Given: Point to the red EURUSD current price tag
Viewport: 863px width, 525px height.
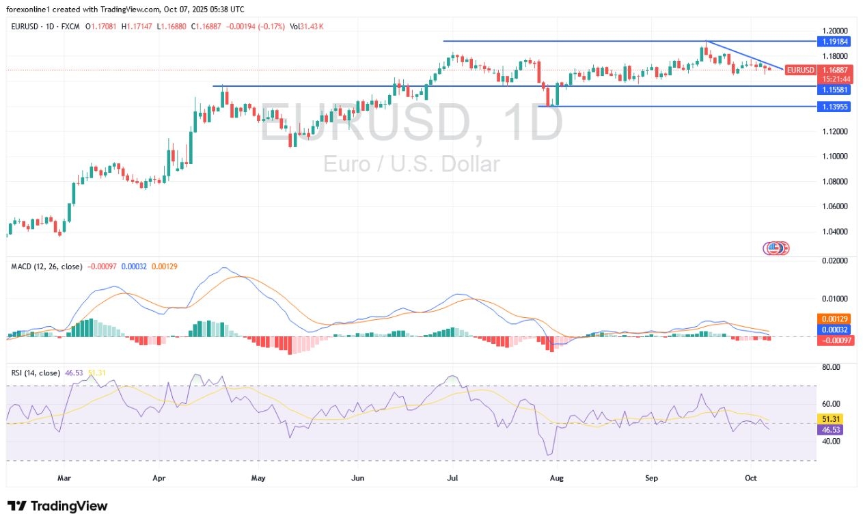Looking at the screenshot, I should pyautogui.click(x=800, y=70).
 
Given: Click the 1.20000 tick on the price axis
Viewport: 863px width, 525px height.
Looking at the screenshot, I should pyautogui.click(x=834, y=31).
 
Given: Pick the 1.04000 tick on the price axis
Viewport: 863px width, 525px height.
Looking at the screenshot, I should pyautogui.click(x=834, y=231).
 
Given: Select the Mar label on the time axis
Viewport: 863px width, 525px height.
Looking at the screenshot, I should pyautogui.click(x=64, y=478).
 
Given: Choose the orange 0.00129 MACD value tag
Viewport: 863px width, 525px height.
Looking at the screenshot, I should pyautogui.click(x=834, y=319).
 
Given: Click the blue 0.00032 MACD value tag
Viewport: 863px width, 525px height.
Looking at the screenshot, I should pyautogui.click(x=834, y=329).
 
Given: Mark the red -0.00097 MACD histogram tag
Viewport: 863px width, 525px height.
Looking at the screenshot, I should pyautogui.click(x=834, y=340).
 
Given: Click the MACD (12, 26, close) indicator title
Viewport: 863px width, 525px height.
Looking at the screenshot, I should pyautogui.click(x=46, y=266).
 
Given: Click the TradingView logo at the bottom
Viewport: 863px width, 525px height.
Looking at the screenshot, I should pyautogui.click(x=57, y=507).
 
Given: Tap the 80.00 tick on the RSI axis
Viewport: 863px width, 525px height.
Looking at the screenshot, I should pyautogui.click(x=832, y=367).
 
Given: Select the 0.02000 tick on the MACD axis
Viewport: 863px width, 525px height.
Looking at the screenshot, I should pyautogui.click(x=834, y=260).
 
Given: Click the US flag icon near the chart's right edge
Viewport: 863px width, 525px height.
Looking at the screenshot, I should pyautogui.click(x=774, y=248).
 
